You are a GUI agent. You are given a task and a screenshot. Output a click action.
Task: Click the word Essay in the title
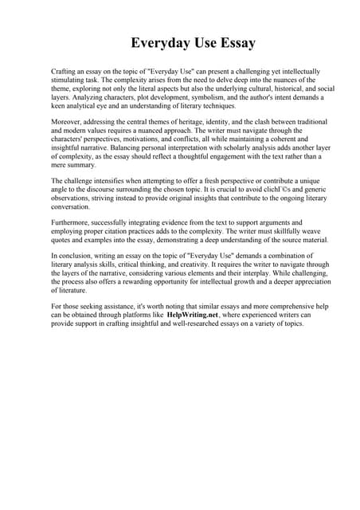(x=232, y=41)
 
